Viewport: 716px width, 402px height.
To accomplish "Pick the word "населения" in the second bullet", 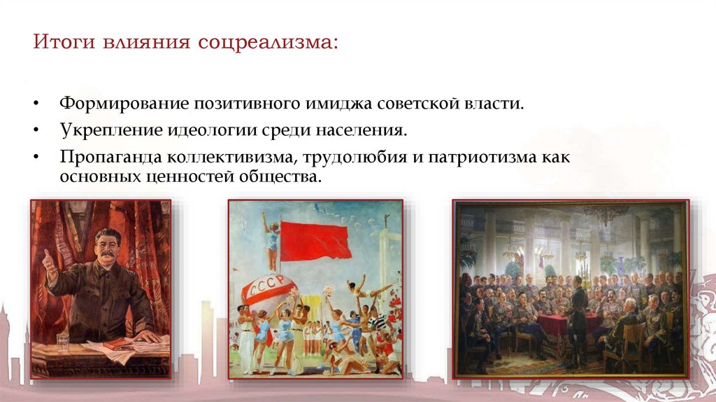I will tap(369, 130).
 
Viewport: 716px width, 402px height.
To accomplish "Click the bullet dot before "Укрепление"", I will tap(34, 131).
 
